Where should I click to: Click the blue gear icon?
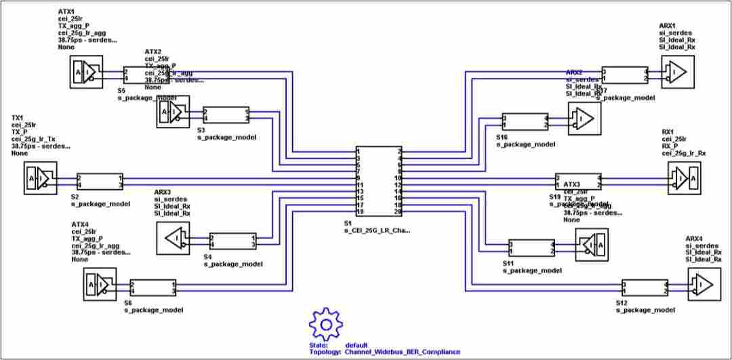click(x=326, y=324)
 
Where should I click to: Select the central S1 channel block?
click(x=379, y=182)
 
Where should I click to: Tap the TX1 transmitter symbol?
click(x=40, y=178)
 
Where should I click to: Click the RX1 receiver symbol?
click(x=685, y=179)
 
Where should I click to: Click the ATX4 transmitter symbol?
click(x=100, y=285)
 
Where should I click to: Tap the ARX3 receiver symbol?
click(x=173, y=239)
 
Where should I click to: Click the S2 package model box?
click(x=100, y=181)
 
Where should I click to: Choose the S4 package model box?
click(x=232, y=241)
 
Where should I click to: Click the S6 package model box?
click(x=152, y=287)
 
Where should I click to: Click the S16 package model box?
click(x=525, y=121)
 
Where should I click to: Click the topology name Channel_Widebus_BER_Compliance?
click(x=402, y=352)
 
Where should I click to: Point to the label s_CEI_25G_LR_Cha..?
click(x=377, y=231)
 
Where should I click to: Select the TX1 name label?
click(x=18, y=118)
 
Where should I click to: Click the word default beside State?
click(x=356, y=345)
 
